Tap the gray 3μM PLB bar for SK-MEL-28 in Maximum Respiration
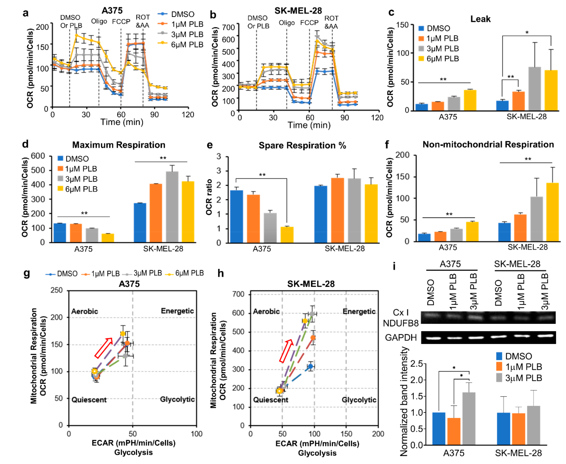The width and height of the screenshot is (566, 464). click(x=172, y=207)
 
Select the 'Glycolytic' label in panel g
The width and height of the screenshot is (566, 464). click(x=177, y=399)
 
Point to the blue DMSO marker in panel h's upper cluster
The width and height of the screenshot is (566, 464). click(x=310, y=366)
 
